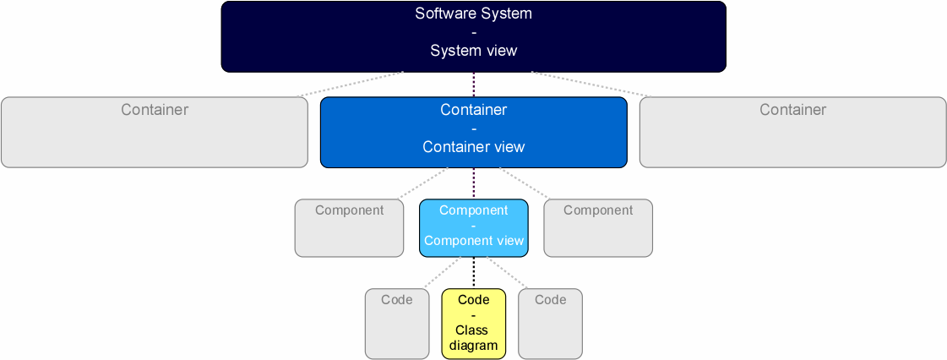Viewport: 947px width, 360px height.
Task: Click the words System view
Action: (473, 51)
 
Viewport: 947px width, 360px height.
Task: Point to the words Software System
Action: (473, 14)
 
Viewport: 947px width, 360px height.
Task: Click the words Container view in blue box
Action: (473, 147)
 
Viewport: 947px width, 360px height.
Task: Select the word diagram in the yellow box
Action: (473, 346)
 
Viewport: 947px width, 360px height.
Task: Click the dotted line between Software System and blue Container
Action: (473, 85)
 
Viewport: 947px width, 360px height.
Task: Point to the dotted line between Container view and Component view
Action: (473, 183)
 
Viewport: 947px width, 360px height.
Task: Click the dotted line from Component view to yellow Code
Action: (473, 272)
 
